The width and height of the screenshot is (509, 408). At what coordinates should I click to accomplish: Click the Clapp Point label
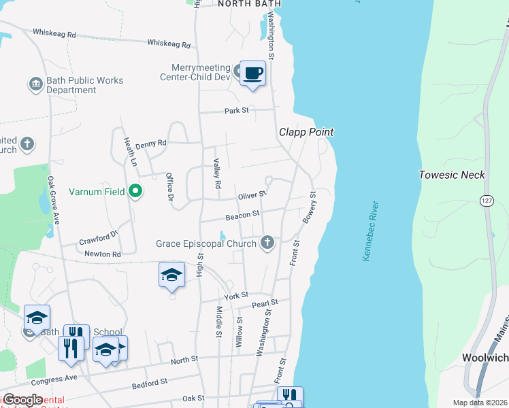(x=306, y=132)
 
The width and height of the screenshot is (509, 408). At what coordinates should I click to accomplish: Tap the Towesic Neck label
(x=452, y=175)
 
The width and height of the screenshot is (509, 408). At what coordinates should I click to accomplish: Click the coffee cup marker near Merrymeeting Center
(x=252, y=73)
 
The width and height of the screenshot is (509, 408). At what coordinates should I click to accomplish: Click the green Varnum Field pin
(x=135, y=192)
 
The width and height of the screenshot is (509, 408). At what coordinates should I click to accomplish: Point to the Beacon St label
(x=243, y=214)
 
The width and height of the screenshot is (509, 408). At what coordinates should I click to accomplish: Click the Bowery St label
(x=310, y=207)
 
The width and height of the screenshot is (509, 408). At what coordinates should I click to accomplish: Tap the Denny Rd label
(x=150, y=144)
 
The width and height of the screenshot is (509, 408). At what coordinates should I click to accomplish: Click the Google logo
(x=23, y=400)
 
